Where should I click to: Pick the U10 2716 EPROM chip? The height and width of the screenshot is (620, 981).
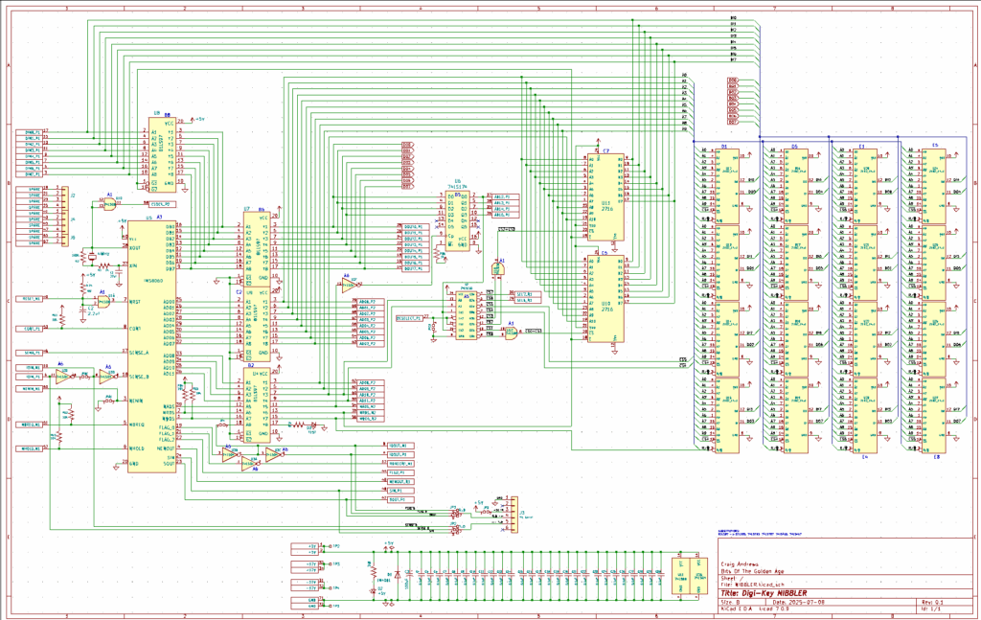(x=605, y=302)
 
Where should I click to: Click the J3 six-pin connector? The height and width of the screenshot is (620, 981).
(x=511, y=512)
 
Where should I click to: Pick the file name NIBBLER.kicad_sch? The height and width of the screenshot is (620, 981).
(x=758, y=585)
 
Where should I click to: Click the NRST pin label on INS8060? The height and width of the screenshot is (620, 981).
(x=136, y=302)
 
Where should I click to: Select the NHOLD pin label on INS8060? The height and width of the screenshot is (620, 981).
(x=138, y=448)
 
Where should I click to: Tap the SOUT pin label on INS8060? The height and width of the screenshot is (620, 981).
(x=170, y=464)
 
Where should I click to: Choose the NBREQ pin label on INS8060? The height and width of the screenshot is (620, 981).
(x=138, y=424)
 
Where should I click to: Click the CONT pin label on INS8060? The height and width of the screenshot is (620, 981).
(x=136, y=328)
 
